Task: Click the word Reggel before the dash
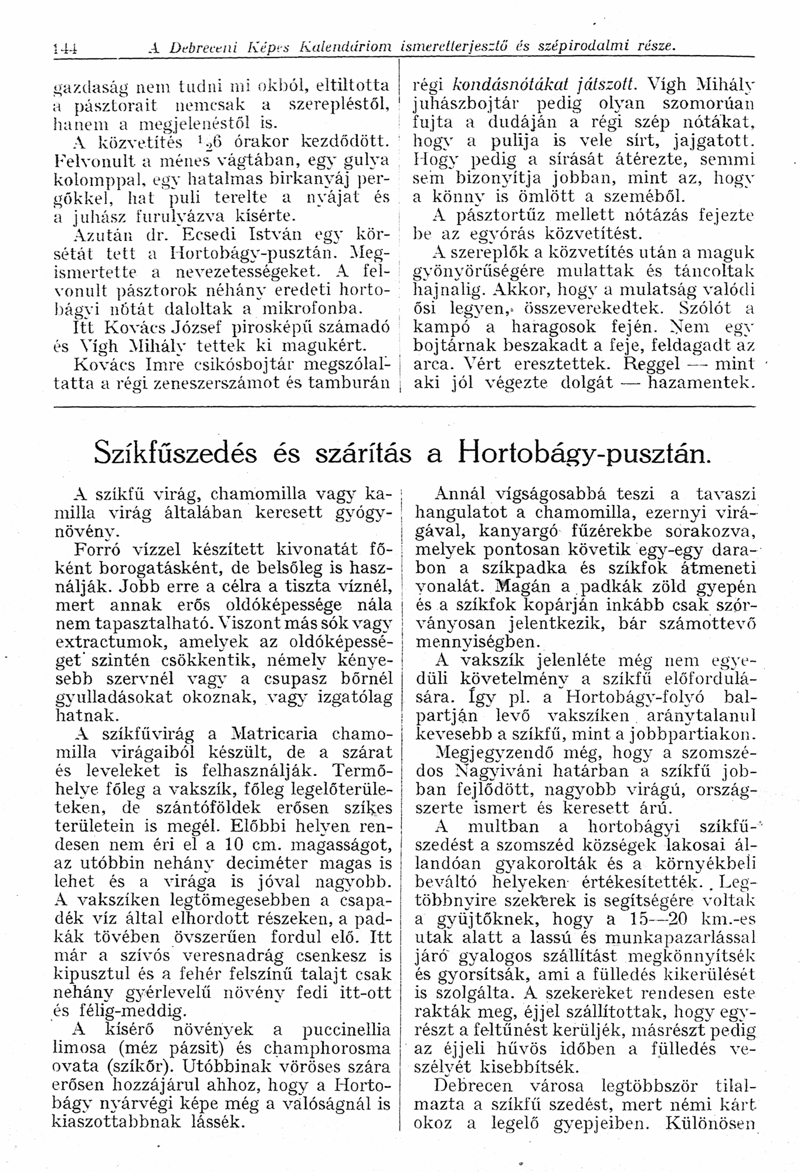click(652, 364)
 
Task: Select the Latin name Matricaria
click(274, 734)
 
